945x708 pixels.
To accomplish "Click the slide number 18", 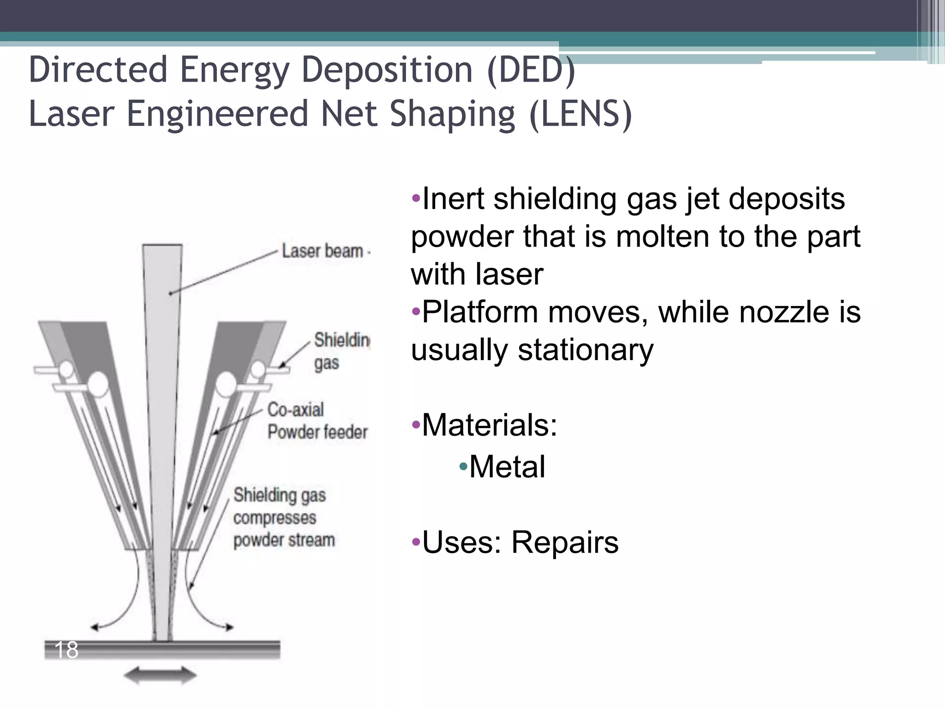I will (66, 650).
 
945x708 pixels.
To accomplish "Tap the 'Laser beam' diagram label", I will (323, 251).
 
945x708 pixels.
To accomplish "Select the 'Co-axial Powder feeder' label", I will (317, 421).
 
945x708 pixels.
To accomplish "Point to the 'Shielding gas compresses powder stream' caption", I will (284, 517).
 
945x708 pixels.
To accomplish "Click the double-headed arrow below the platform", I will (160, 676).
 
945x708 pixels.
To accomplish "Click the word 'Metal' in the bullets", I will (507, 466).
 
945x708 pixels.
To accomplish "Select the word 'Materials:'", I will (490, 425).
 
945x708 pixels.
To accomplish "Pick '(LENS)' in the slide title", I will (580, 114).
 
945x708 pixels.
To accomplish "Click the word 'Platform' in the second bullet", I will (480, 312).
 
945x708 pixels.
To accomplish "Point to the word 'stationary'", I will (585, 350).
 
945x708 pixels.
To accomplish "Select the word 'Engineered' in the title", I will (217, 114).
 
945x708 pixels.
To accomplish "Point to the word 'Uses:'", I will (462, 542).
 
